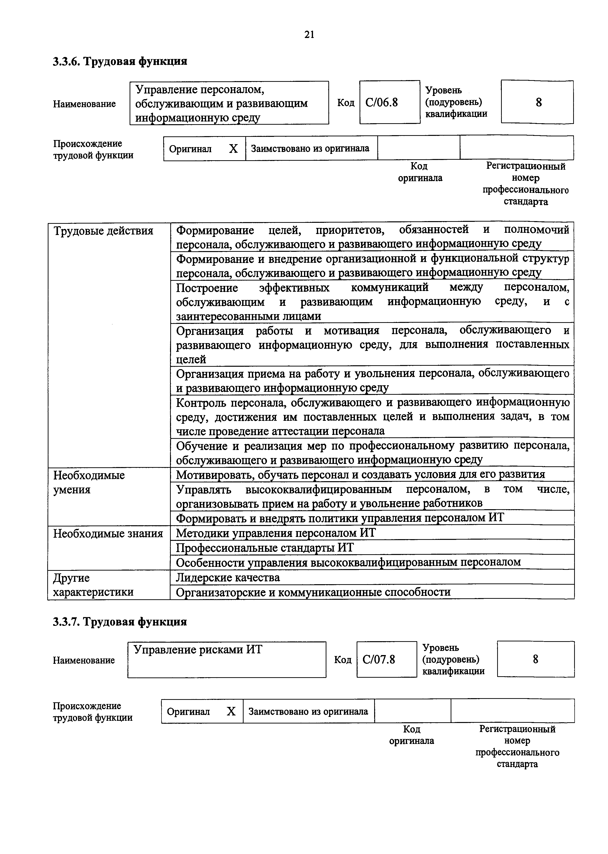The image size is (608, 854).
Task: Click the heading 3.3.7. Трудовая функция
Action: pyautogui.click(x=120, y=622)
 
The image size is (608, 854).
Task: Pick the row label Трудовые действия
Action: pyautogui.click(x=103, y=231)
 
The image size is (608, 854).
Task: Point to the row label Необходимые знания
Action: pyautogui.click(x=108, y=533)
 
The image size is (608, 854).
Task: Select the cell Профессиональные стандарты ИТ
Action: pyautogui.click(x=264, y=548)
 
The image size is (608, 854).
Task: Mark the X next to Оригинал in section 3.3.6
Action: pyautogui.click(x=233, y=149)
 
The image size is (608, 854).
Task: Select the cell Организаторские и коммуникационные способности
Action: pyautogui.click(x=313, y=592)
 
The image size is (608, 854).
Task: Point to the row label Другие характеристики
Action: pyautogui.click(x=93, y=585)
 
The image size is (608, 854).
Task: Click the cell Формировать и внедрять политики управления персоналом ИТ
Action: pyautogui.click(x=340, y=518)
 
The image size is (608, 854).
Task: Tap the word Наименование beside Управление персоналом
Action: pyautogui.click(x=84, y=104)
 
